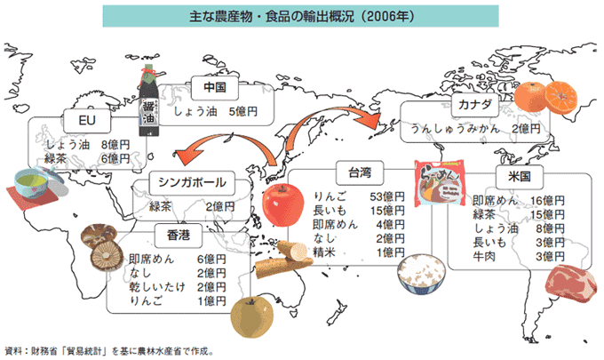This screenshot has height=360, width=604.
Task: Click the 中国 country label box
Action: (x=215, y=88)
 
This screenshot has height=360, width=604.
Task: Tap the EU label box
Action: (x=87, y=121)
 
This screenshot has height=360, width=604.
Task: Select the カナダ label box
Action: (x=475, y=105)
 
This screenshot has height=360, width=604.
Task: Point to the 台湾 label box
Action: (x=360, y=172)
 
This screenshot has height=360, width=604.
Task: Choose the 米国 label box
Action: (x=520, y=177)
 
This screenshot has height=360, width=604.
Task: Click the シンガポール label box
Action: (x=192, y=183)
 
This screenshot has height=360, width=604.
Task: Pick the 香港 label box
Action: (x=179, y=236)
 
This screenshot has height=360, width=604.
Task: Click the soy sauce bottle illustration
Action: (x=148, y=101)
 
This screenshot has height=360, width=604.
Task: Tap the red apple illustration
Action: (x=282, y=204)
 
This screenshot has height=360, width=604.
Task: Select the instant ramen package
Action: (x=440, y=184)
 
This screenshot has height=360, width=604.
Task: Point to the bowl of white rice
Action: (x=421, y=274)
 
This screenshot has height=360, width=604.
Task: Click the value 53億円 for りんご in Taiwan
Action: (x=387, y=196)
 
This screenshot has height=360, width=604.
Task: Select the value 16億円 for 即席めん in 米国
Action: (x=547, y=200)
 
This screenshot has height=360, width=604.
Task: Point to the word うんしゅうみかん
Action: (x=455, y=129)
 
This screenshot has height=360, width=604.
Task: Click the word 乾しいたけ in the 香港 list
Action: (x=157, y=287)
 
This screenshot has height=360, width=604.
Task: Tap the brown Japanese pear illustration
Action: (x=252, y=316)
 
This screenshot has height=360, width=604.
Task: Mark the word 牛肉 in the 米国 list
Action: (x=484, y=256)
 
